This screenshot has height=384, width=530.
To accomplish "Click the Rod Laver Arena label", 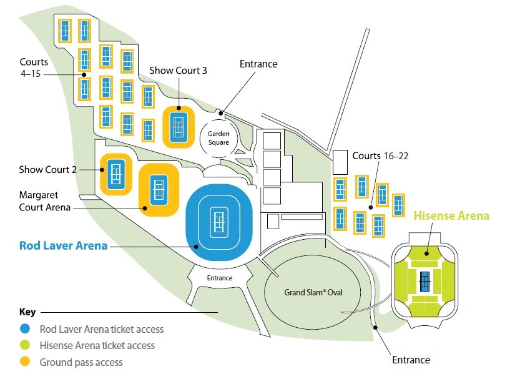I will pyautogui.click(x=63, y=245).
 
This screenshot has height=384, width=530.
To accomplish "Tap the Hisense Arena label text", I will pyautogui.click(x=451, y=216).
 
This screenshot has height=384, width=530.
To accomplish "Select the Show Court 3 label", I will pyautogui.click(x=178, y=70).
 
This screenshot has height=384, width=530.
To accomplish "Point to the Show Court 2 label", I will pyautogui.click(x=47, y=169).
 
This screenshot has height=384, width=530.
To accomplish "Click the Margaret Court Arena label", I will pyautogui.click(x=45, y=201).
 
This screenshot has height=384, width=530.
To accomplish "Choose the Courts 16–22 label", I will pyautogui.click(x=380, y=155).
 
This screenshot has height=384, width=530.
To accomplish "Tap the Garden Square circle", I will pyautogui.click(x=214, y=134).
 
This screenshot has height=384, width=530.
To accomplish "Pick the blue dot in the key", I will pyautogui.click(x=25, y=329).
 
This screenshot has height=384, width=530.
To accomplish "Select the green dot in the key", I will pyautogui.click(x=25, y=345).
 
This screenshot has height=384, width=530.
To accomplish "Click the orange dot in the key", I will pyautogui.click(x=25, y=362).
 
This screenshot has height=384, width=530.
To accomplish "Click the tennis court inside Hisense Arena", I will pyautogui.click(x=424, y=282).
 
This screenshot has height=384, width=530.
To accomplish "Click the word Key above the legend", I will pyautogui.click(x=27, y=312).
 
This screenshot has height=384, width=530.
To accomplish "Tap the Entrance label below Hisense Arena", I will pyautogui.click(x=411, y=360).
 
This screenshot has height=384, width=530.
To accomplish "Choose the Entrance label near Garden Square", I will pyautogui.click(x=258, y=64).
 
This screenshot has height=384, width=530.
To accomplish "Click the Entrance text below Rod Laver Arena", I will pyautogui.click(x=219, y=278).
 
